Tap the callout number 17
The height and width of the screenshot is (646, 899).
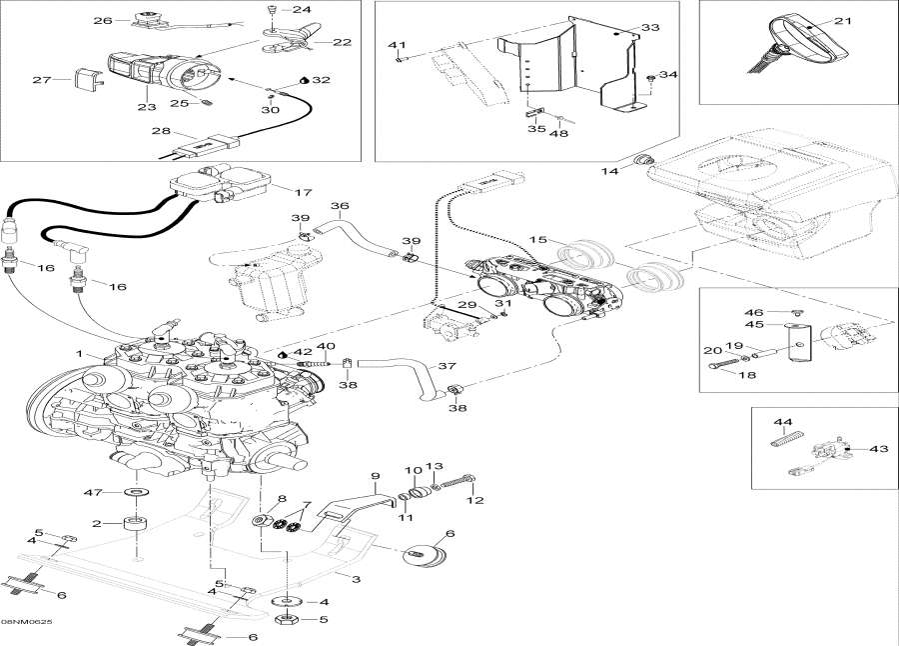[x=303, y=192]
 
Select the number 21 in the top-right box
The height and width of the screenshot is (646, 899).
[x=842, y=21]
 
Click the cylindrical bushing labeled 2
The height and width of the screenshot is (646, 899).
[x=134, y=525]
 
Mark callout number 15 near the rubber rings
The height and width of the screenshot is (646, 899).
[x=537, y=240]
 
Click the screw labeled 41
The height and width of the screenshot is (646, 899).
[x=399, y=57]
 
